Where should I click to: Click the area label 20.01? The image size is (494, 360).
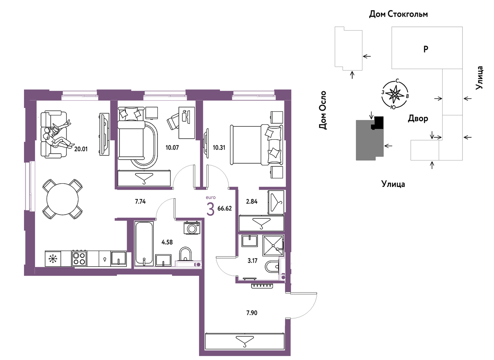[x=81, y=149]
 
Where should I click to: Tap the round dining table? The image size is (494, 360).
[x=62, y=199]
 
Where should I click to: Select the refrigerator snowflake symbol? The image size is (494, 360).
[x=53, y=259]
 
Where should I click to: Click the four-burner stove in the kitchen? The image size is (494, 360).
[x=79, y=258]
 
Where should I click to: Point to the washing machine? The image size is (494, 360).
[x=192, y=228]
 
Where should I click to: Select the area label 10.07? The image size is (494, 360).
[x=172, y=148]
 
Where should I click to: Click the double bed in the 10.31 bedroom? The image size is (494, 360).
[x=257, y=145]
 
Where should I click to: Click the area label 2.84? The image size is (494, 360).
[x=252, y=201]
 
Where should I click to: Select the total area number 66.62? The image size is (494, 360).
[x=224, y=208]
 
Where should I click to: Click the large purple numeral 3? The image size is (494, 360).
[x=210, y=209]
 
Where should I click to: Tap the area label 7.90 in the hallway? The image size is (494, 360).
[x=252, y=313]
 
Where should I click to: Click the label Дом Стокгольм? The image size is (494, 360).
[x=399, y=14]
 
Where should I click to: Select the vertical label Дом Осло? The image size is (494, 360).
[x=323, y=110]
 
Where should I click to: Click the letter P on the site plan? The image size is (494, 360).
[x=426, y=49]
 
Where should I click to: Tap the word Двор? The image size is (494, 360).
[x=418, y=119]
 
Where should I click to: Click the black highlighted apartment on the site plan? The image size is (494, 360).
[x=379, y=122]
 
